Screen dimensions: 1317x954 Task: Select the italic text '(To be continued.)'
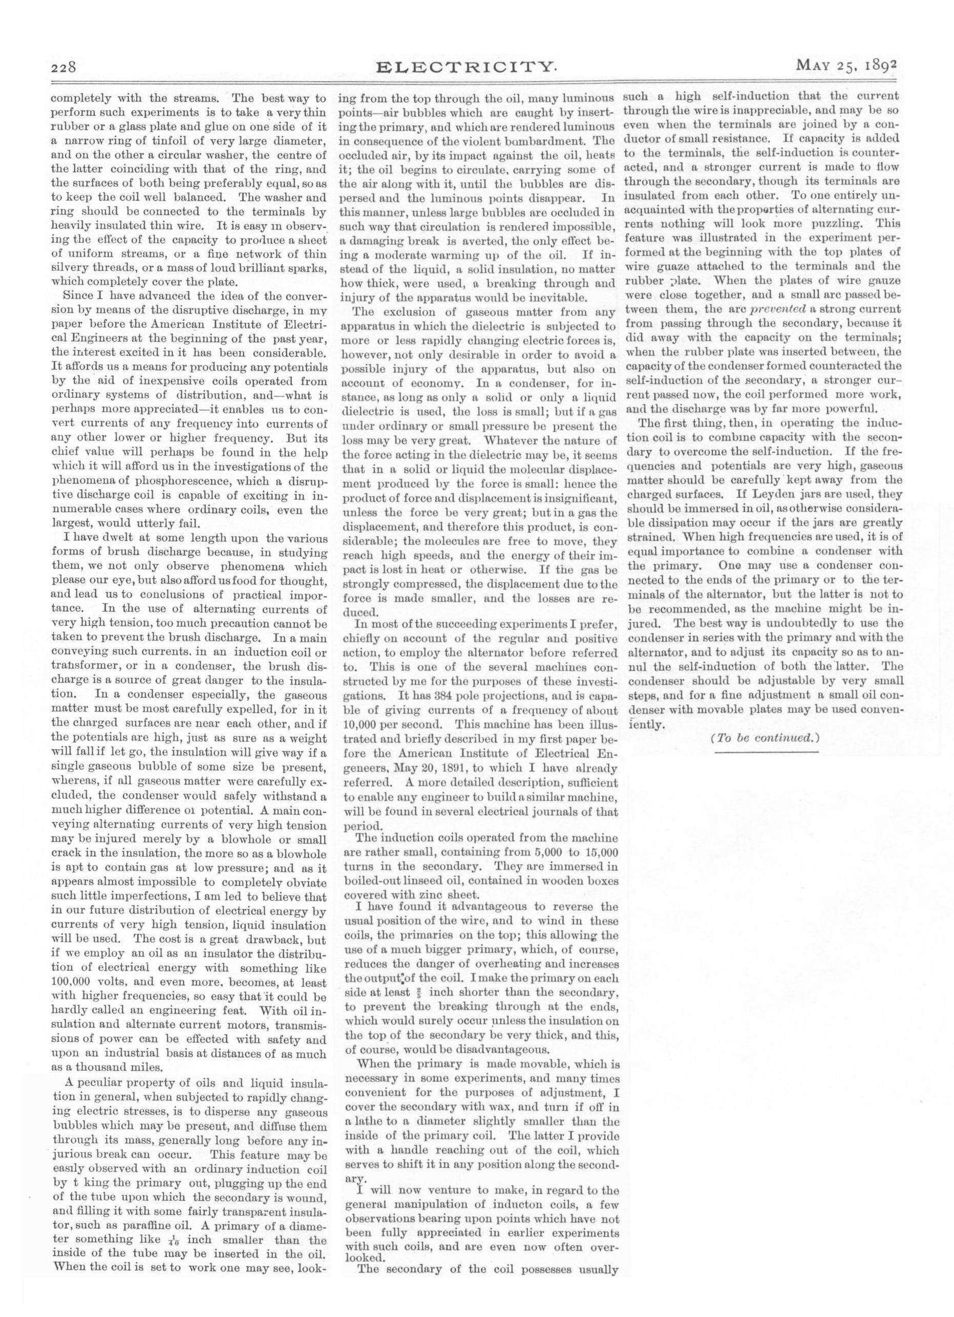click(x=765, y=738)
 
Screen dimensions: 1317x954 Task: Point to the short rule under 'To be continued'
click(x=765, y=753)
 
